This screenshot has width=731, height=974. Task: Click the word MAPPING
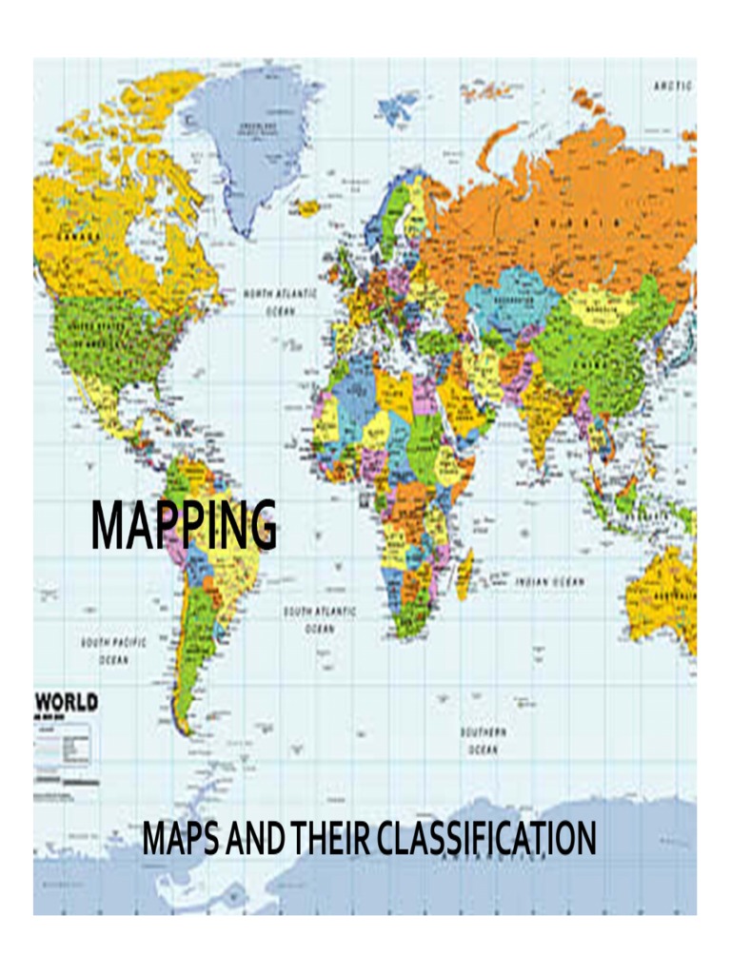(184, 524)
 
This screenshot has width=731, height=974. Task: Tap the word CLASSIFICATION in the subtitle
(486, 838)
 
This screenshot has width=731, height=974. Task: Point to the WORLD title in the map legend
(67, 703)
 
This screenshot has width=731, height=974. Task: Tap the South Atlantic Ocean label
(319, 619)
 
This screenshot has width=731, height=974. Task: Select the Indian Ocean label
(550, 580)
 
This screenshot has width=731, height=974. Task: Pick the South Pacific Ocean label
(113, 651)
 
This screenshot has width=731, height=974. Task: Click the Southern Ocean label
(483, 740)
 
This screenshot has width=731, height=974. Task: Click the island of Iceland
(306, 207)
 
